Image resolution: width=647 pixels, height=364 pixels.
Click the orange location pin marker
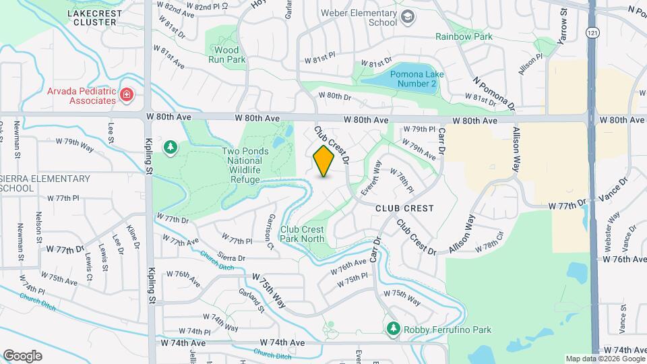click(x=323, y=160)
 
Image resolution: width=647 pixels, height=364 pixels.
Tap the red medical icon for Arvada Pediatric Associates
click(x=126, y=94)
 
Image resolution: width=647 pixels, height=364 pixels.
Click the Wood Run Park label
click(x=227, y=55)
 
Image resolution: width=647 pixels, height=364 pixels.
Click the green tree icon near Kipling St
click(x=171, y=146)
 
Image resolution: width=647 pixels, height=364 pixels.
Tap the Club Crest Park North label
click(x=302, y=234)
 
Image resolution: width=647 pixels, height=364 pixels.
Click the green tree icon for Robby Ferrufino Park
click(x=393, y=328)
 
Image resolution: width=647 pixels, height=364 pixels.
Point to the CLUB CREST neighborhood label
click(x=404, y=208)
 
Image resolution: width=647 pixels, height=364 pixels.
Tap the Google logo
click(x=22, y=355)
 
